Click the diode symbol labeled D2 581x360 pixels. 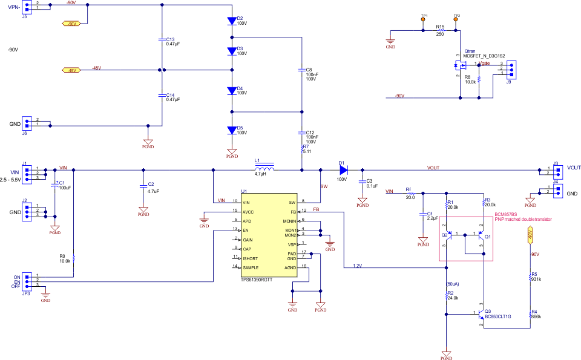click(x=232, y=21)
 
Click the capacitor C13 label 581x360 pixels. click(x=170, y=38)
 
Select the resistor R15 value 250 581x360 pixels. click(x=440, y=34)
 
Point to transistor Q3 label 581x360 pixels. click(x=488, y=311)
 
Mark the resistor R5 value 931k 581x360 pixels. click(x=535, y=279)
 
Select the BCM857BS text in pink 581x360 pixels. click(x=505, y=215)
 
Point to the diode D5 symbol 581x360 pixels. click(x=232, y=129)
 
